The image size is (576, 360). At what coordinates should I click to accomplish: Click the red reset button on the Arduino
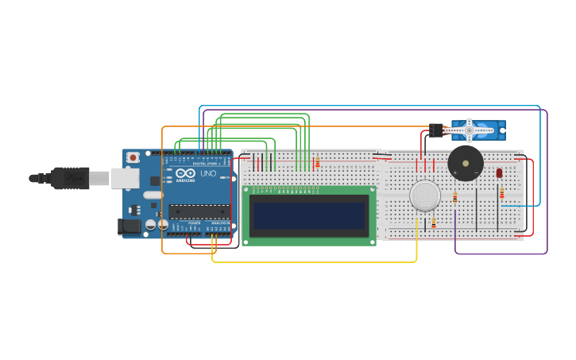(x=133, y=157)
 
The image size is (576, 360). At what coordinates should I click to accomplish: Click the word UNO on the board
(x=208, y=173)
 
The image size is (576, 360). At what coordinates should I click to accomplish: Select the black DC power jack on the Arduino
(x=130, y=226)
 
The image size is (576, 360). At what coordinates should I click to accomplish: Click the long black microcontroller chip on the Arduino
(x=199, y=211)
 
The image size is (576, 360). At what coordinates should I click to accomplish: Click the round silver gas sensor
(x=425, y=195)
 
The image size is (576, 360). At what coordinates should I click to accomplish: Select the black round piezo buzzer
(x=466, y=163)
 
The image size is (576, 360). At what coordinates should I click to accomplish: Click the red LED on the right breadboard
(x=499, y=172)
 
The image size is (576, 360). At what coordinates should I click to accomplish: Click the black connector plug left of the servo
(x=435, y=129)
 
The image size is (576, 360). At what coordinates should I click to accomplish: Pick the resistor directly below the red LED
(x=501, y=193)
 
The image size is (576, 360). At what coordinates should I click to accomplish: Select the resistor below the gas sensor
(x=433, y=223)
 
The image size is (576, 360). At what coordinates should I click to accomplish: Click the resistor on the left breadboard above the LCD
(x=317, y=162)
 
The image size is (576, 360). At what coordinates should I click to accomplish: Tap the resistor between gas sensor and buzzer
(x=454, y=197)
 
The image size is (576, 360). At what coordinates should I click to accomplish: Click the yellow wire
(x=318, y=261)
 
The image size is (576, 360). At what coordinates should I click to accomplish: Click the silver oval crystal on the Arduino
(x=153, y=195)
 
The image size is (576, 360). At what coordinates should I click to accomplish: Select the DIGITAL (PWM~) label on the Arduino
(x=203, y=163)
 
